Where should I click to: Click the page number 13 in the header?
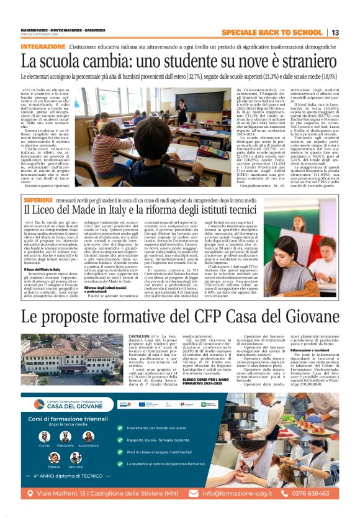tap(335, 32)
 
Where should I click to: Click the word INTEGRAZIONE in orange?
tap(43, 47)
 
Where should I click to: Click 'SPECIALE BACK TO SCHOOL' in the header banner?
tap(272, 32)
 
